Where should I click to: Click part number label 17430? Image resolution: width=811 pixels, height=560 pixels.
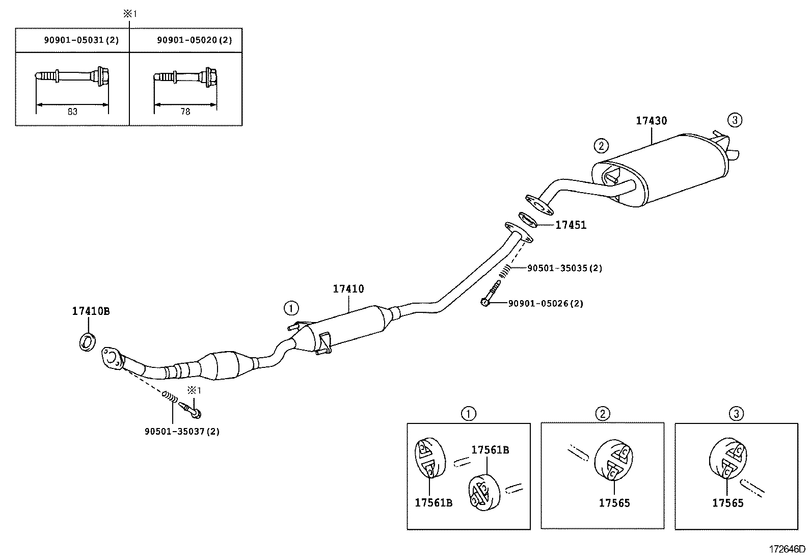click(651, 121)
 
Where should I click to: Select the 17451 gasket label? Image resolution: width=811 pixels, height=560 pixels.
click(571, 225)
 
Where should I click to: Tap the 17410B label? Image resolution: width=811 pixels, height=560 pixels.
click(90, 311)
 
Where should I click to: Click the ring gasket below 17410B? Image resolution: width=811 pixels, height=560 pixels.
click(87, 341)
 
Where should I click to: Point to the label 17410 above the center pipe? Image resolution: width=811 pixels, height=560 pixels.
click(348, 289)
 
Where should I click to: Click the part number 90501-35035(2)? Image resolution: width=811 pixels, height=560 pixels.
click(564, 268)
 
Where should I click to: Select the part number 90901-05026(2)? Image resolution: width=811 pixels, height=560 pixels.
click(546, 304)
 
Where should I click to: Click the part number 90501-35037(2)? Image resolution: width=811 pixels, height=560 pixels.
click(182, 431)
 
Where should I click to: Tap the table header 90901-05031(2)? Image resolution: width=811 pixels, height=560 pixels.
click(81, 40)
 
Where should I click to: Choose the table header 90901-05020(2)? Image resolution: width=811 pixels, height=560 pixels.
click(194, 40)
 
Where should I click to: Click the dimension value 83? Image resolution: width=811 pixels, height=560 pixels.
click(72, 112)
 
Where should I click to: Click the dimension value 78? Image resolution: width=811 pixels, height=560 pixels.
click(185, 112)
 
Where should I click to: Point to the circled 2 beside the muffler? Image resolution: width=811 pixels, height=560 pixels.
click(601, 146)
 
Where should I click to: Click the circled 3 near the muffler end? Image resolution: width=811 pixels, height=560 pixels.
click(734, 120)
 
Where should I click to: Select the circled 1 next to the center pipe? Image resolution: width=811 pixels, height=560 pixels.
click(291, 308)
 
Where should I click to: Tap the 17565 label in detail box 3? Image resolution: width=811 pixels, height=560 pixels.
click(727, 503)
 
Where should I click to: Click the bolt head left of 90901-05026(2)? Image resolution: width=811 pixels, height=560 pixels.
click(484, 303)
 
